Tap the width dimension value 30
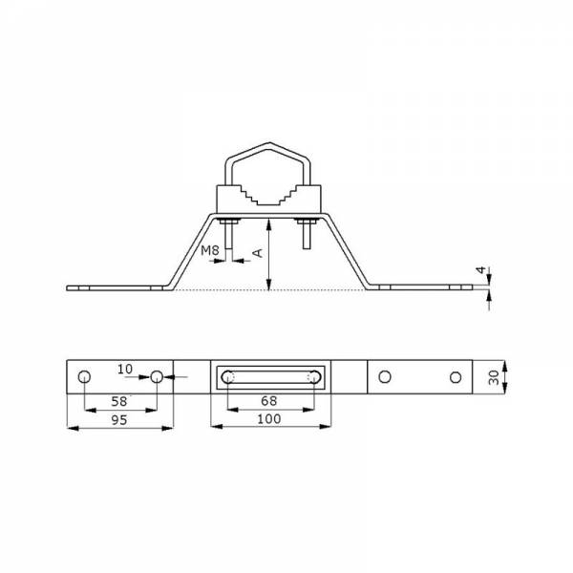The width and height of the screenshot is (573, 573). [493, 378]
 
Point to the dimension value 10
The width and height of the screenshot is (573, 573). [126, 369]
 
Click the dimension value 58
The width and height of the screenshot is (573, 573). [119, 400]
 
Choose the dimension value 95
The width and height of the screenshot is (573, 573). [119, 419]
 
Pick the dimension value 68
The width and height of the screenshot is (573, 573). [270, 400]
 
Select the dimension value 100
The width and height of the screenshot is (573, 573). [270, 419]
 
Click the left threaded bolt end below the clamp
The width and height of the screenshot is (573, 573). [229, 234]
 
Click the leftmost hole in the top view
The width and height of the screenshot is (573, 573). [85, 377]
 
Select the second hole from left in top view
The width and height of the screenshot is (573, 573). [157, 377]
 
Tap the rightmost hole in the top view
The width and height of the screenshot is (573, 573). [456, 377]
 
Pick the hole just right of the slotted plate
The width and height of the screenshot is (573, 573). [384, 377]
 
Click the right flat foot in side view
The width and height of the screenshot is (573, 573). [425, 286]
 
